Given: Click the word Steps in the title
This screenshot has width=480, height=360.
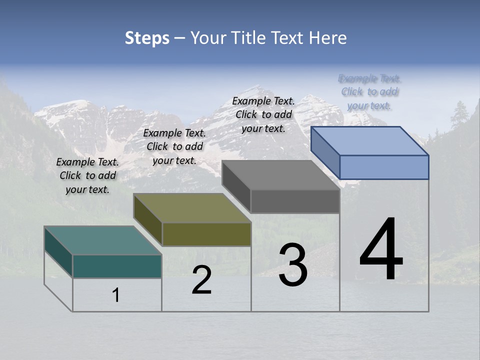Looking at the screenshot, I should [x=147, y=38].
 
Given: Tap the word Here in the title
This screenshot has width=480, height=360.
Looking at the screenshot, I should [x=327, y=38].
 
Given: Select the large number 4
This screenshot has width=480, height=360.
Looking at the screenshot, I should [x=381, y=250].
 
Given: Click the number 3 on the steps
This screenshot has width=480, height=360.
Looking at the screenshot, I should [x=293, y=265].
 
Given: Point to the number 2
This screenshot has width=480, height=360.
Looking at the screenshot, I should [x=202, y=280].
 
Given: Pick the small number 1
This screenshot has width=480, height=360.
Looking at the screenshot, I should [x=116, y=295].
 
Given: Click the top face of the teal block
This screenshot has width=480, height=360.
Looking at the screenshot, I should [x=103, y=240].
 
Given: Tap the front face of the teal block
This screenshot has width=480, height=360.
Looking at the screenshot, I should [x=117, y=266].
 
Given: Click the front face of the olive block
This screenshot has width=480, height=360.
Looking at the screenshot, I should [x=206, y=234].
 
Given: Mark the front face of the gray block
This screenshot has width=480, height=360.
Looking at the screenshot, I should [x=295, y=201].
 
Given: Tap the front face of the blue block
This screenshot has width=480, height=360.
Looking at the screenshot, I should [x=384, y=167].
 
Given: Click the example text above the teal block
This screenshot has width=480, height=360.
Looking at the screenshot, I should [x=87, y=175].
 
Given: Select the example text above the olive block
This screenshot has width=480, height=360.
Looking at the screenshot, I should [x=174, y=146].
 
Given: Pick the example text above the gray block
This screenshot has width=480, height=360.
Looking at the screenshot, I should [x=263, y=114].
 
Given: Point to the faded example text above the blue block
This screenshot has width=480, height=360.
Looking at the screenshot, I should [x=369, y=91].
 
